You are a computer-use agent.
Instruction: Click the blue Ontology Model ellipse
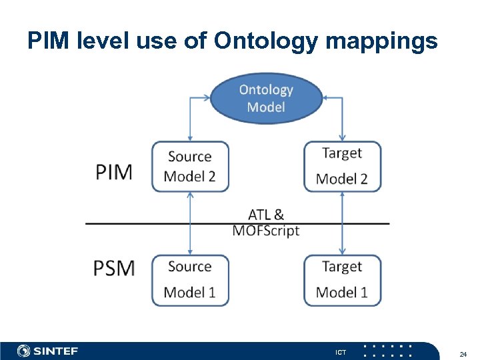coord(266,99)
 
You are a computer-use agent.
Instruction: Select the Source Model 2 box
coord(190,167)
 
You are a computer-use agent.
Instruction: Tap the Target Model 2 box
coord(343,167)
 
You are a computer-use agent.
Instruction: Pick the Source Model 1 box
coord(190,280)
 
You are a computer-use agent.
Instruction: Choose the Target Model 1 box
coord(343,280)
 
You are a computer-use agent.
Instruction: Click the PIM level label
coord(114,172)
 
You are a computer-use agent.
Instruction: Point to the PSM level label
coord(114,268)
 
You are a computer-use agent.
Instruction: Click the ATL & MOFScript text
coord(266,223)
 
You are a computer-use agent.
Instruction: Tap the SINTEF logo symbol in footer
coord(24,351)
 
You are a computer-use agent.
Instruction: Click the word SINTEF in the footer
coord(56,351)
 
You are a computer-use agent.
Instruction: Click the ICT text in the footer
coord(341,352)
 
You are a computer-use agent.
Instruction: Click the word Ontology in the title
coord(263,41)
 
